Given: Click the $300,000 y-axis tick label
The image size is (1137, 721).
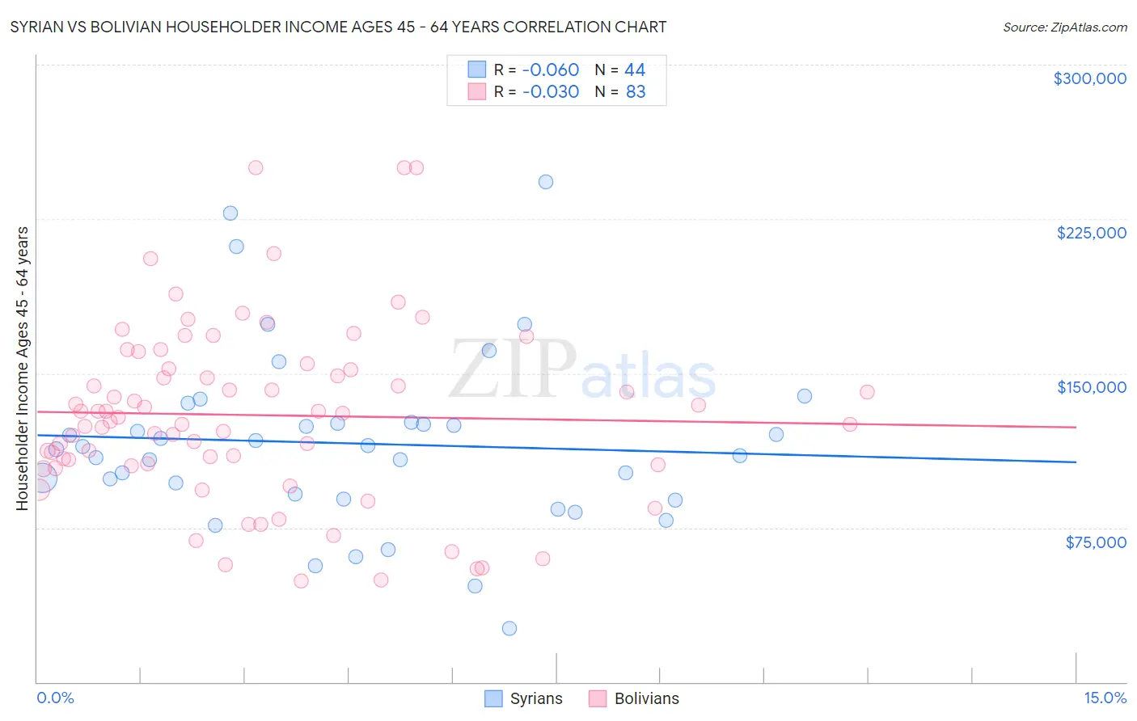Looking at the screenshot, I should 1089,78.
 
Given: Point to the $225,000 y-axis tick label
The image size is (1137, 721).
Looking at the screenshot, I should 1091,233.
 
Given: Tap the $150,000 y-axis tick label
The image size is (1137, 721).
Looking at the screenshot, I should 1091,387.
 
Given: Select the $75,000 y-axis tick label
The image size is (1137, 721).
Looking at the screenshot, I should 1095,542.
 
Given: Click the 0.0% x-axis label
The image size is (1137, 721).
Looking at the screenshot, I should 55,698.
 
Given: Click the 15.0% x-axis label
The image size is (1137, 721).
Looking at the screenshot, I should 1105,698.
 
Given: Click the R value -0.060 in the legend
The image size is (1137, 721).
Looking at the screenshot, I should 551,70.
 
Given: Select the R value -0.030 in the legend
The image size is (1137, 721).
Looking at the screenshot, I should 551,92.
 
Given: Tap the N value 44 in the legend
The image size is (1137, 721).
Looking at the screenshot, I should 635,70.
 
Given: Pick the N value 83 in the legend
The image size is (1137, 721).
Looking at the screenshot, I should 636,92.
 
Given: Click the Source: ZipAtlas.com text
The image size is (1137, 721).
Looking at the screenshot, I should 1064,27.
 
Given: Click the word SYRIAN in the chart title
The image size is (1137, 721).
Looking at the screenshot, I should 39,27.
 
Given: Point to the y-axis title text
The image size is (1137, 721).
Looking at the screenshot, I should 22,369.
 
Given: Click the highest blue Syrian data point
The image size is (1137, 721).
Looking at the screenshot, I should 546,182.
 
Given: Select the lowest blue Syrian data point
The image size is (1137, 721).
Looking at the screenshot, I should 509,628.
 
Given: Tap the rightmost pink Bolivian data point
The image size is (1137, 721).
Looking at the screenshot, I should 867,392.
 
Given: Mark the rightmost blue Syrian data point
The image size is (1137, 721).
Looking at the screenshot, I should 805,396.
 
